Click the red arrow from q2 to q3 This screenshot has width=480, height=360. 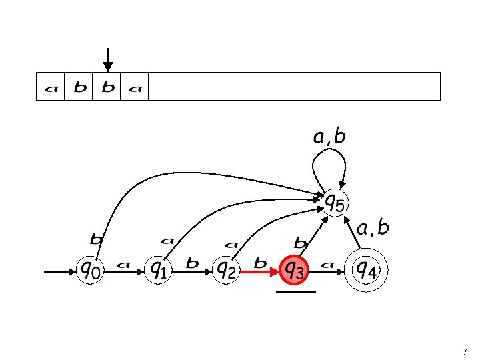[260, 271]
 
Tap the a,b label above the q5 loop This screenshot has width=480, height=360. [329, 137]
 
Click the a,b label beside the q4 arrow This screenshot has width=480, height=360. [373, 229]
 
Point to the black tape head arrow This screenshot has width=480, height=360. [107, 60]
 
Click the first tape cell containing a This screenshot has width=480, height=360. [51, 87]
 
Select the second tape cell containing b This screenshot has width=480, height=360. [79, 87]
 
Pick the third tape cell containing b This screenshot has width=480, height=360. [107, 87]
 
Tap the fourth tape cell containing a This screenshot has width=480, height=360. [135, 87]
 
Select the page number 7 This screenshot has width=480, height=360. [464, 351]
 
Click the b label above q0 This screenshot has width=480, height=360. [97, 237]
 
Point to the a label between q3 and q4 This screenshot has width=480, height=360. [327, 265]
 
